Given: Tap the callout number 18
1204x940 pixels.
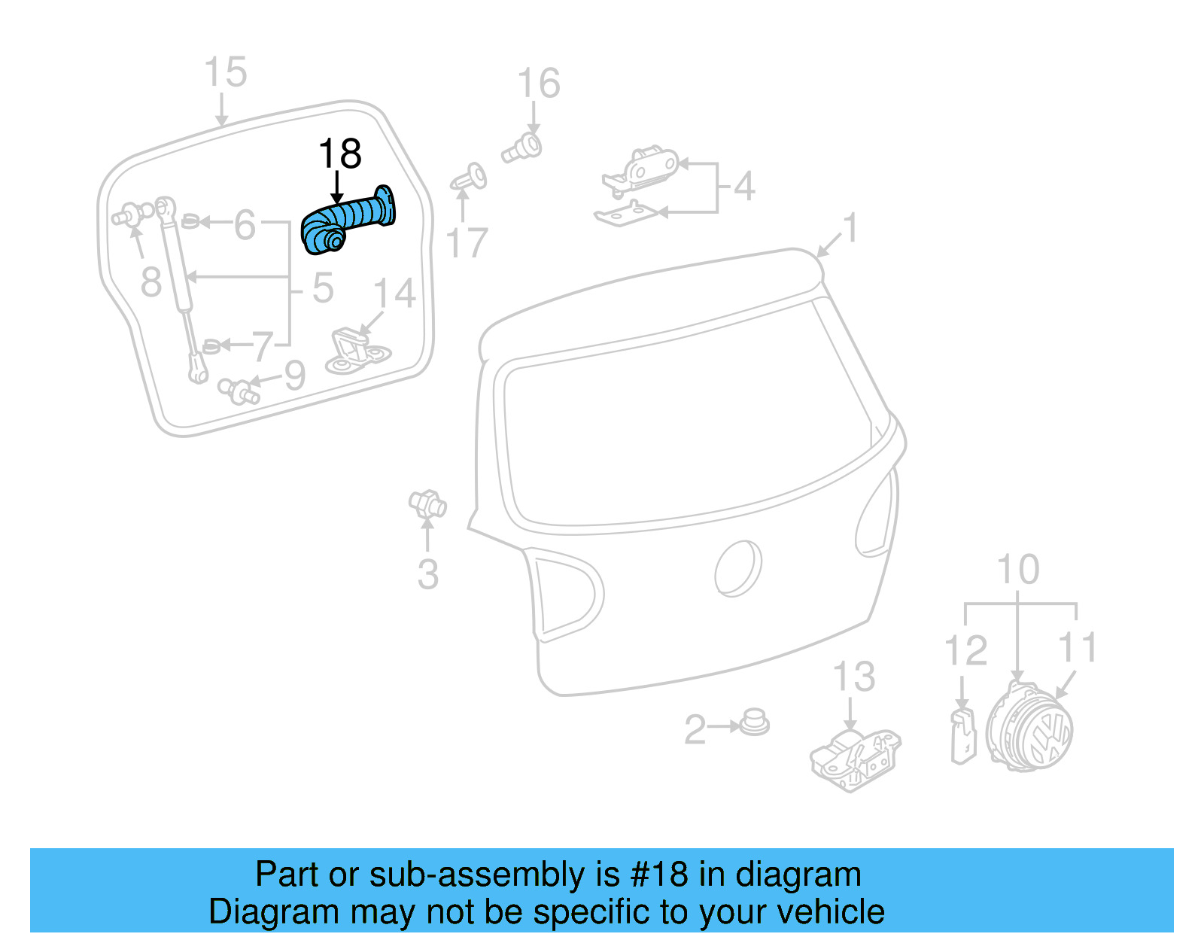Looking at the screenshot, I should pos(340,154).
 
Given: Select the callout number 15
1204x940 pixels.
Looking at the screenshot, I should pos(225,73).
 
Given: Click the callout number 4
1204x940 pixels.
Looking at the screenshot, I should pos(743,186).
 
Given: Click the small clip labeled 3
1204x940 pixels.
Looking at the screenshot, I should pos(427,503).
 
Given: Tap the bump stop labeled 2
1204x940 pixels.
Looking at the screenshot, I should pos(754,722).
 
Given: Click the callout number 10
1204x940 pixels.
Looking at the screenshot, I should pos(1017,570).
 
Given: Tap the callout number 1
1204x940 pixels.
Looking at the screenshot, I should pos(850,228).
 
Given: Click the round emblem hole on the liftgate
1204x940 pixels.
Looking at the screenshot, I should pos(737,568).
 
